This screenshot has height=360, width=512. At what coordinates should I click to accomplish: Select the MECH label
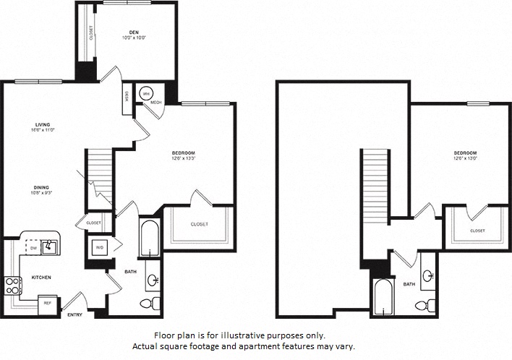tap(155, 103)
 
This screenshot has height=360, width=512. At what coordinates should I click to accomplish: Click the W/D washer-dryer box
tap(99, 247)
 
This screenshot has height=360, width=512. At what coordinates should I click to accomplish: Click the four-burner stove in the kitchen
tap(12, 283)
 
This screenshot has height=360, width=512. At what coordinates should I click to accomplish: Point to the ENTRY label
tap(74, 315)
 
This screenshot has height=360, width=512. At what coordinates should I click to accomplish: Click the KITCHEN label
tap(40, 278)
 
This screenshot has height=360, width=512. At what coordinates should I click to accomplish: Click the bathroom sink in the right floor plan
tap(428, 275)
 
